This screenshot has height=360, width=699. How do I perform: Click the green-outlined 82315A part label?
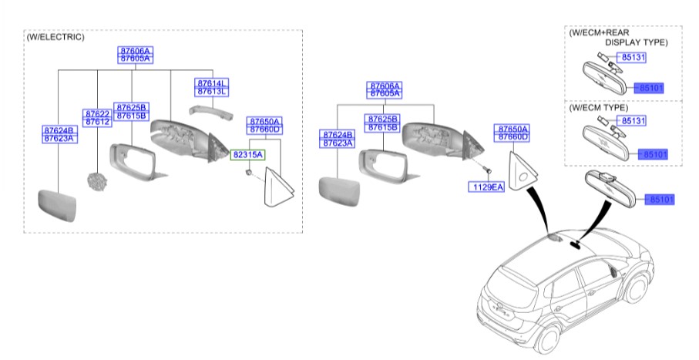pyautogui.click(x=248, y=154)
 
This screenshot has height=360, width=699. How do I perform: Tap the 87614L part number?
pyautogui.click(x=213, y=82)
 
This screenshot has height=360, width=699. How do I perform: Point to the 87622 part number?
pyautogui.click(x=97, y=113)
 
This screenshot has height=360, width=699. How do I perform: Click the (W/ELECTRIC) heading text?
pyautogui.click(x=55, y=37)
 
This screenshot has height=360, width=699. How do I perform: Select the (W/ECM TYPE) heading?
pyautogui.click(x=598, y=108)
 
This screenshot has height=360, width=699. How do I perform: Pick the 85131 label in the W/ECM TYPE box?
pyautogui.click(x=633, y=121)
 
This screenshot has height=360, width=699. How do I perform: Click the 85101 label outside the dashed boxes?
pyautogui.click(x=662, y=200)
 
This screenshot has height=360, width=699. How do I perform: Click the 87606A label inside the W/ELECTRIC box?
pyautogui.click(x=134, y=50)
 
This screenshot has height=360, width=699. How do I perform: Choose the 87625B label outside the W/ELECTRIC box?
pyautogui.click(x=382, y=119)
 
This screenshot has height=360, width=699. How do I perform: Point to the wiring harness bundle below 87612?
pyautogui.click(x=97, y=182)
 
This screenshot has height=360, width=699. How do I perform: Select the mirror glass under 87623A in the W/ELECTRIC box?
pyautogui.click(x=59, y=202)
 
